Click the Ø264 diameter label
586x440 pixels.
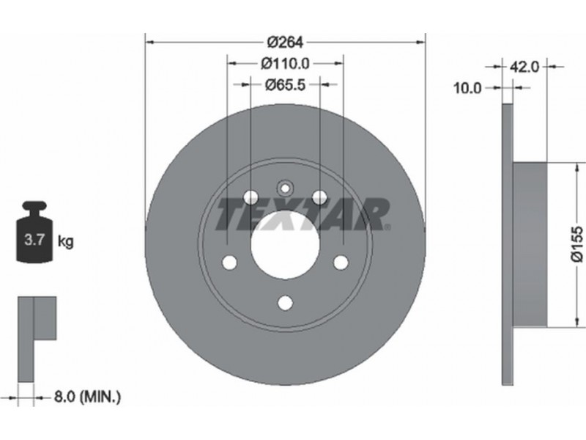[285, 43]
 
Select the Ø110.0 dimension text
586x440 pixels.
[285, 64]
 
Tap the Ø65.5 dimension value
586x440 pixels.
[285, 85]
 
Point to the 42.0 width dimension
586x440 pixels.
[524, 67]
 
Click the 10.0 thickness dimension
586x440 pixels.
[467, 88]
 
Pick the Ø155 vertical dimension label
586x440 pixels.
[577, 243]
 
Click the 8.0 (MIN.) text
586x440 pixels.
[87, 397]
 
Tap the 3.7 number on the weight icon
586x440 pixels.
[34, 239]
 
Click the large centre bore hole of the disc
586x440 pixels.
[285, 244]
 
